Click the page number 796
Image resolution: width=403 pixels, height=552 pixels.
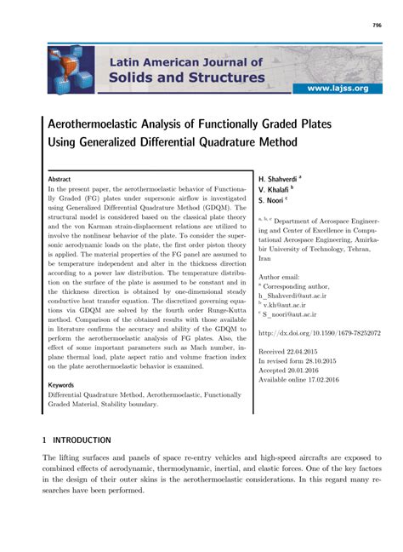click(x=377, y=26)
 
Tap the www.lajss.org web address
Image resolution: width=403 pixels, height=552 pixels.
click(x=338, y=88)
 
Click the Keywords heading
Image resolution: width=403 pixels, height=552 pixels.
click(x=61, y=386)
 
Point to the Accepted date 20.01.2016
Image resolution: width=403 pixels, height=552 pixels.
click(x=321, y=347)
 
